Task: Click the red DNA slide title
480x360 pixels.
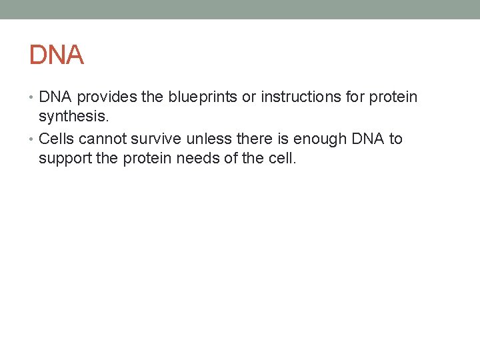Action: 57,55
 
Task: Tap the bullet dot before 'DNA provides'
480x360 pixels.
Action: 33,98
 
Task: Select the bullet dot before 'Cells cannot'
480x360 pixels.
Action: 33,139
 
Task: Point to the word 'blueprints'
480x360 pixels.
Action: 203,97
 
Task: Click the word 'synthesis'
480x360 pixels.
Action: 71,118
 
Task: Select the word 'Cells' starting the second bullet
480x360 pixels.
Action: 57,139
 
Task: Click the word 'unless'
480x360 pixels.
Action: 206,139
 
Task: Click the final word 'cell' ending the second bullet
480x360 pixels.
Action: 281,159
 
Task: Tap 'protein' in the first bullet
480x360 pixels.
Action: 393,97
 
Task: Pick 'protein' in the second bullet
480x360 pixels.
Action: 145,160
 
